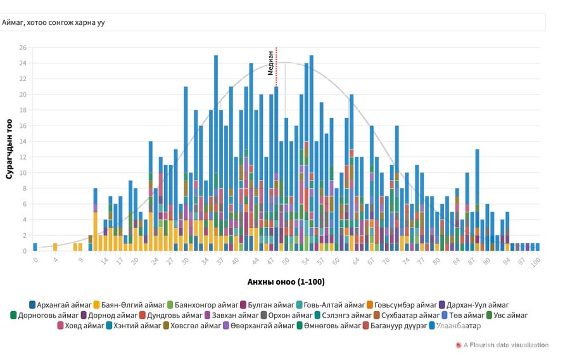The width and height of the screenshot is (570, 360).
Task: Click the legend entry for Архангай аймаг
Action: [60, 305]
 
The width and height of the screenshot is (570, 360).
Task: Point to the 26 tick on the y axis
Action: [23, 48]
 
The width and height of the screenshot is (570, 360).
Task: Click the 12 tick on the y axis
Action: [23, 157]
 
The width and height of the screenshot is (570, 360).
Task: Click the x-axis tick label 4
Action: [56, 259]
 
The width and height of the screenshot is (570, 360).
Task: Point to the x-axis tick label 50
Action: [286, 260]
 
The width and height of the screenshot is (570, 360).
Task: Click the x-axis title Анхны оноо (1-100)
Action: [286, 281]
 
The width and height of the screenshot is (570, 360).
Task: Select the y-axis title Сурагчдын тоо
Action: [9, 149]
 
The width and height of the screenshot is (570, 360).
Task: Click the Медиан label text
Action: [270, 63]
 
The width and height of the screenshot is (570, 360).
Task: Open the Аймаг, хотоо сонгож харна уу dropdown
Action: [272, 22]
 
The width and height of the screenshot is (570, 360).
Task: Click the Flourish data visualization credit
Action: [505, 345]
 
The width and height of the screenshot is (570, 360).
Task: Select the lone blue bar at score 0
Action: [35, 247]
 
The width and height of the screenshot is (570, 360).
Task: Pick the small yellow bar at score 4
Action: [55, 247]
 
